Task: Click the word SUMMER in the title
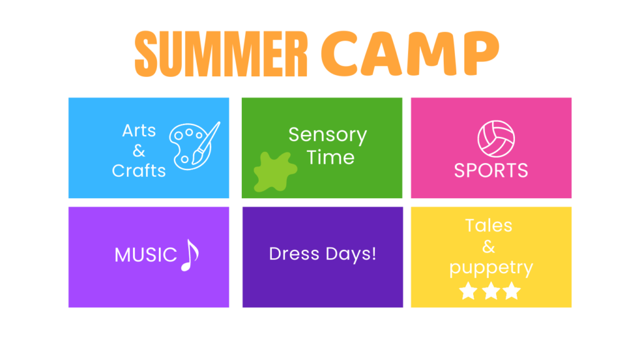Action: click(x=221, y=54)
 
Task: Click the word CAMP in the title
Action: click(x=410, y=54)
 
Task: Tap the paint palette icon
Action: click(x=187, y=146)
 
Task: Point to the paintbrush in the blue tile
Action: click(x=206, y=143)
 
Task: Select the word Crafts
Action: click(x=139, y=171)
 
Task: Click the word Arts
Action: click(x=139, y=131)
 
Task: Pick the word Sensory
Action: click(x=327, y=135)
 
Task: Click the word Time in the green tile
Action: click(x=330, y=157)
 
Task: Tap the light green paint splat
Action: click(x=275, y=172)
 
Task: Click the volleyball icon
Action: click(x=496, y=139)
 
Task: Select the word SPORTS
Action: click(x=491, y=170)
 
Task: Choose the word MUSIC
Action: click(x=145, y=255)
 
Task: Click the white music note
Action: click(x=190, y=255)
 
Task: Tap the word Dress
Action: click(x=294, y=254)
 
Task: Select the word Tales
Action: click(x=489, y=225)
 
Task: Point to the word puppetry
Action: click(x=491, y=268)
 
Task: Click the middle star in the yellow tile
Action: click(x=491, y=291)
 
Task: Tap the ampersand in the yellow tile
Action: click(x=489, y=246)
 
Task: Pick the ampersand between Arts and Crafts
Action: click(x=139, y=151)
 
